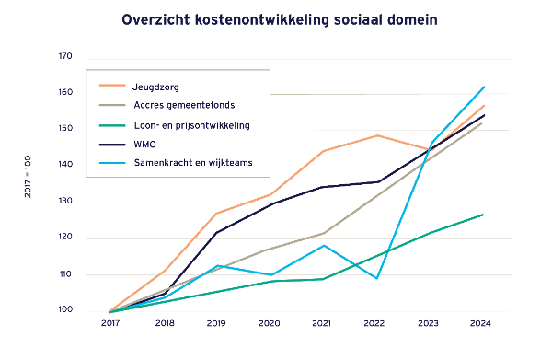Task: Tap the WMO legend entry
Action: (x=144, y=144)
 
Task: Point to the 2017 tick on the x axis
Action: (x=109, y=324)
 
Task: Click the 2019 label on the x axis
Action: (x=215, y=324)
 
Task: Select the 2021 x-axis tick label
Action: (x=322, y=324)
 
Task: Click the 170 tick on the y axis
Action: (x=65, y=57)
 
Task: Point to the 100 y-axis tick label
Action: (x=65, y=311)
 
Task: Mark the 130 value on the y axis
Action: (x=65, y=203)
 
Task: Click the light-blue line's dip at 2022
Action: (x=376, y=278)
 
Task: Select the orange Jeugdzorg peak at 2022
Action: (x=376, y=135)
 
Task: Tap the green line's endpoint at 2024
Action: (x=483, y=215)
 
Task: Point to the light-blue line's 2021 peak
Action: (x=322, y=245)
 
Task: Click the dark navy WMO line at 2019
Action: (x=215, y=233)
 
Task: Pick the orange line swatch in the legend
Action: (x=110, y=87)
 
